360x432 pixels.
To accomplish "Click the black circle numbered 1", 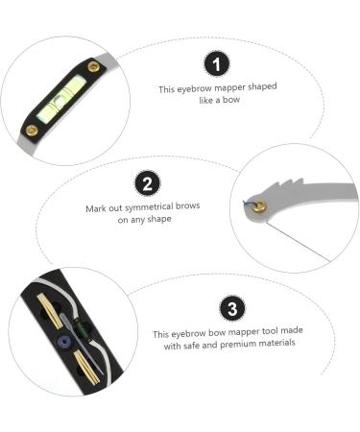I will tap(217, 64).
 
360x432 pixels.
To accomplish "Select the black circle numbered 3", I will tap(230, 309).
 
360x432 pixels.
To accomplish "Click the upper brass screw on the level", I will tap(93, 67).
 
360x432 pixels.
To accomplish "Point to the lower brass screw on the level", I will tap(32, 129).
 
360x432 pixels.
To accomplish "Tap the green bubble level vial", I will tap(63, 97).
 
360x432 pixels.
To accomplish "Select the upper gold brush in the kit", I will tap(44, 311).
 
